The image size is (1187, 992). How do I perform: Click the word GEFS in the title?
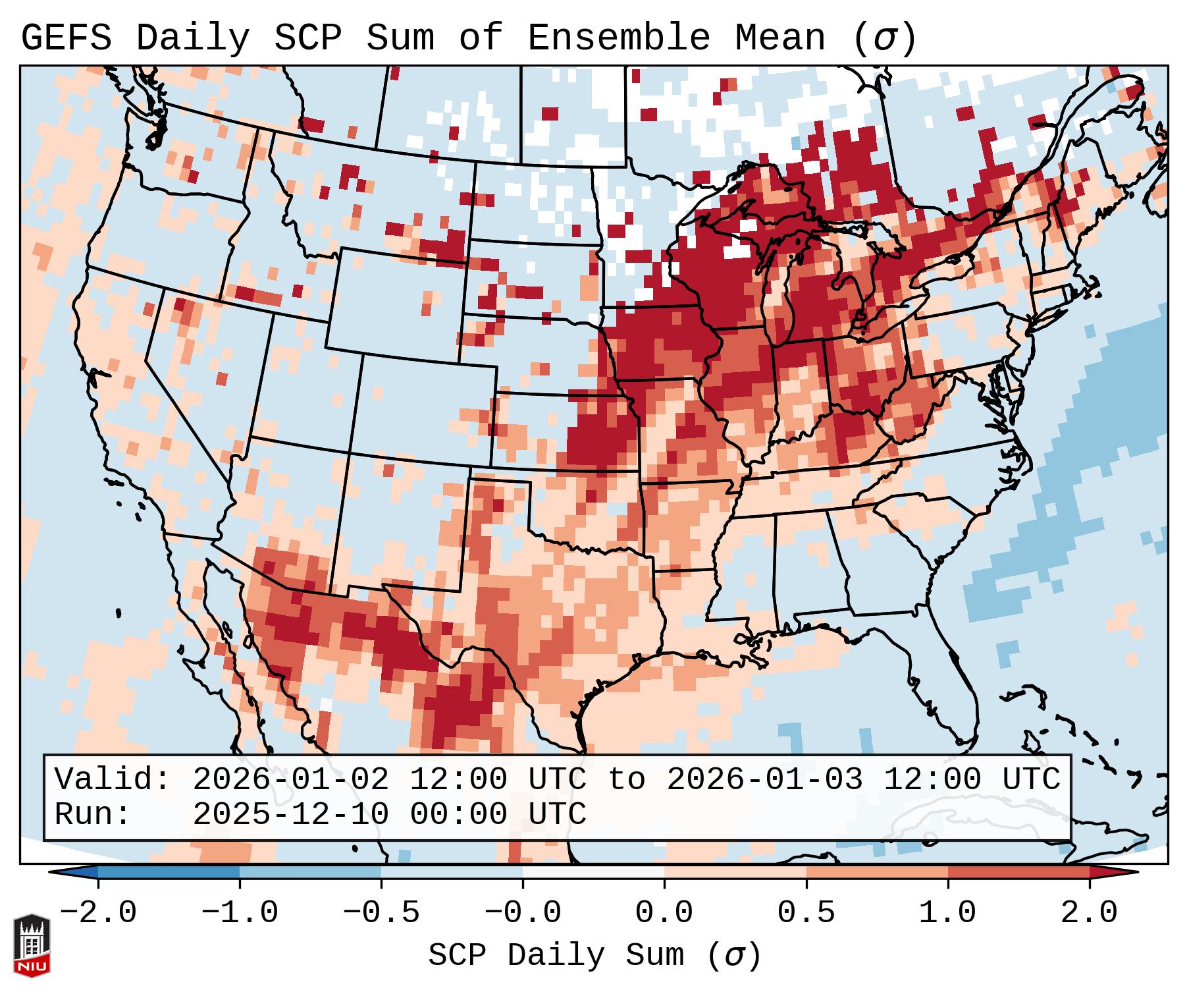pos(66,38)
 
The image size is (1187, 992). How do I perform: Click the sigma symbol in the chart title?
pos(884,39)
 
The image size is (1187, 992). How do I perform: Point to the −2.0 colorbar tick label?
pos(98,913)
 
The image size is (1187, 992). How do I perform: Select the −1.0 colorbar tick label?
pos(240,913)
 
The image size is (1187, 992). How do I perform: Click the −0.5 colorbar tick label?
pos(381,913)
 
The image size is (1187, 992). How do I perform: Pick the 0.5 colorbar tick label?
pos(806,913)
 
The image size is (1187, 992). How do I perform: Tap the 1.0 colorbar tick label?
pos(947,913)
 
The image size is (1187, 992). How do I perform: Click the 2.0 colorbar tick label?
pos(1089,913)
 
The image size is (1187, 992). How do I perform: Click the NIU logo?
pos(32,945)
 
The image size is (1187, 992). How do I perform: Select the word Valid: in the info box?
pos(113,779)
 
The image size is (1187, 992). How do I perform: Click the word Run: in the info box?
pos(93,814)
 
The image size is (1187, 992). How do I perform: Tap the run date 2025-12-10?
pos(290,814)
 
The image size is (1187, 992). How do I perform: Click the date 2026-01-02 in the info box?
pos(290,779)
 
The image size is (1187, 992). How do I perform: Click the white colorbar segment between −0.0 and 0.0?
pos(593,873)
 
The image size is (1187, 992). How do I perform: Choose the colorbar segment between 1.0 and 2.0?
pos(1018,873)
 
